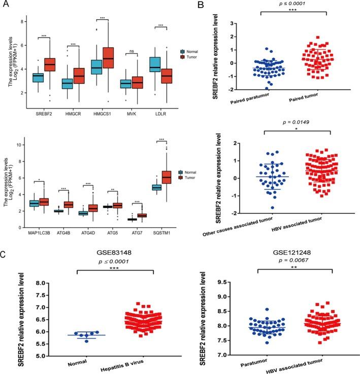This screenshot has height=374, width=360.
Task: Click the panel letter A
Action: [x=7, y=7]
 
